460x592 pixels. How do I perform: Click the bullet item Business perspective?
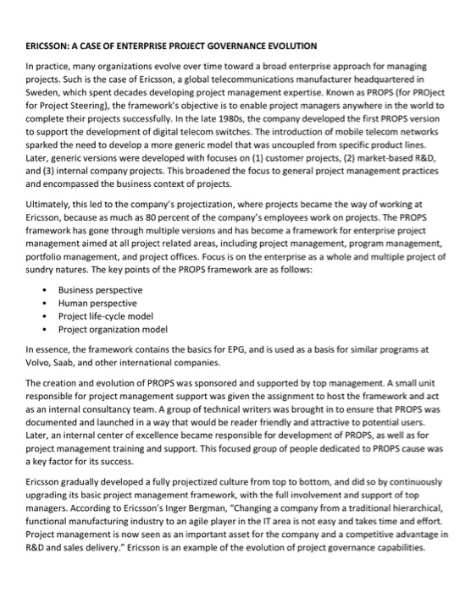(100, 289)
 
